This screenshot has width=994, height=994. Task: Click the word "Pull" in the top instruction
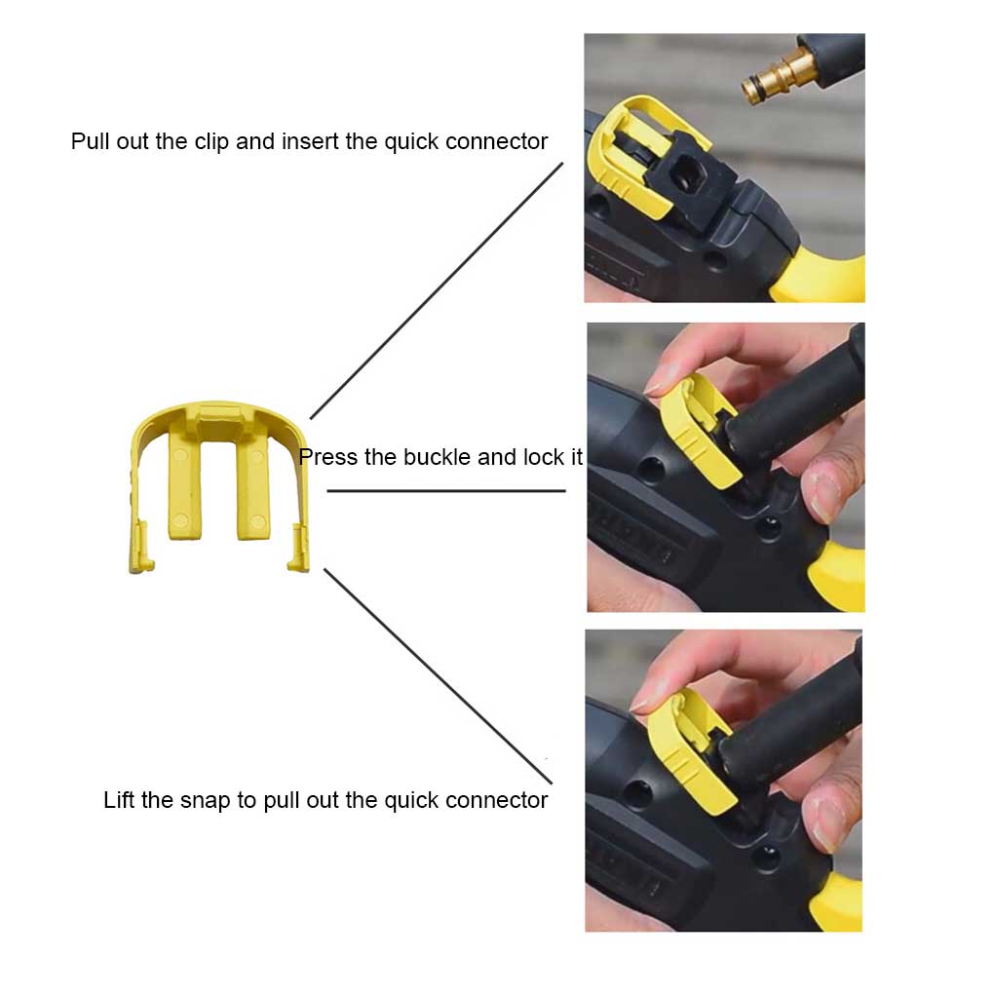90,140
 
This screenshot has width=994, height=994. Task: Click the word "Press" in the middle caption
327,456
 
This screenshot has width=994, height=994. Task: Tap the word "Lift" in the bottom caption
119,799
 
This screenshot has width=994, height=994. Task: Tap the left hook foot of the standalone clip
142,548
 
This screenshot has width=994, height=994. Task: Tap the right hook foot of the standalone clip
298,549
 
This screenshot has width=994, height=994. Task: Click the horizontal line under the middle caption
446,490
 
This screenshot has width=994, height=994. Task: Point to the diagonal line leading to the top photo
437,290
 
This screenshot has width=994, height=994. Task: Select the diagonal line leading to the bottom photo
439,676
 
